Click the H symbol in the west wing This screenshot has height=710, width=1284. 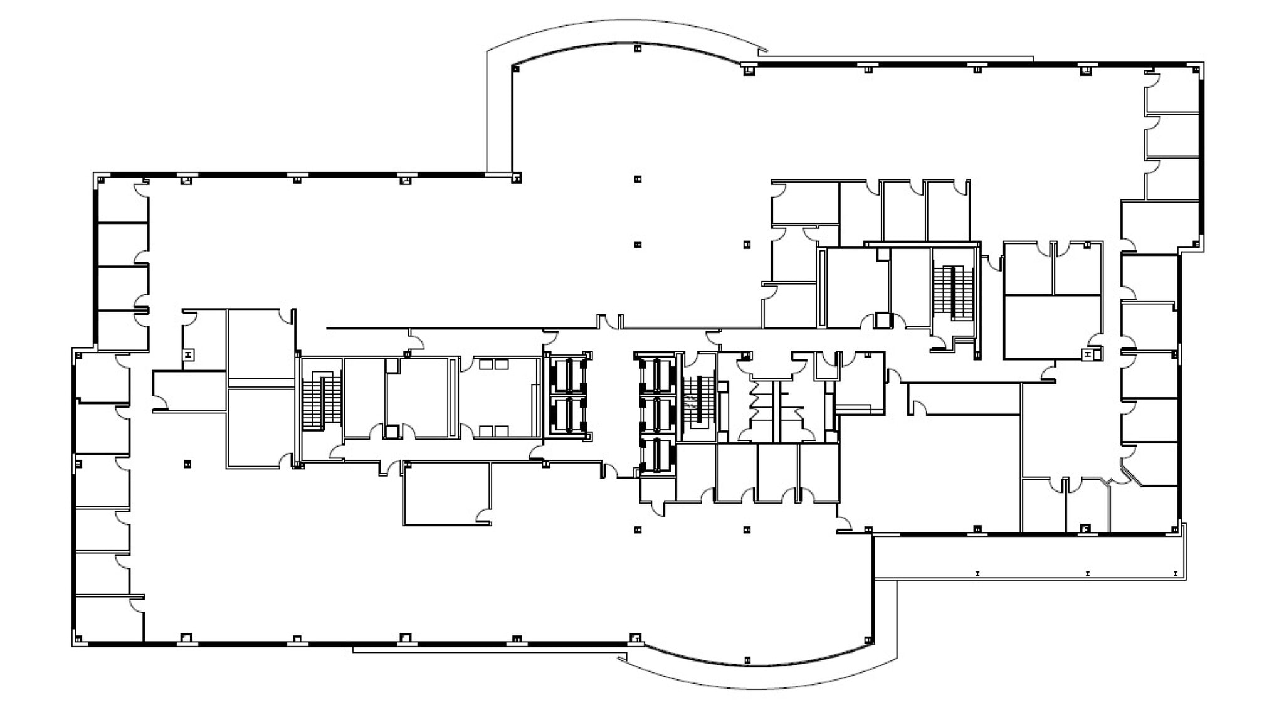click(188, 355)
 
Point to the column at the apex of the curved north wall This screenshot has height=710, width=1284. click(638, 48)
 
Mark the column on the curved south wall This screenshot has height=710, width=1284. click(747, 660)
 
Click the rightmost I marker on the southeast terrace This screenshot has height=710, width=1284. click(1175, 573)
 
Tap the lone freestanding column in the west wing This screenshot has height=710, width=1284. click(187, 464)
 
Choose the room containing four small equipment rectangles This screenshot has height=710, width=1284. click(500, 397)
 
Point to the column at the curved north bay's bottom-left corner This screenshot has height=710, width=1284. click(516, 179)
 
